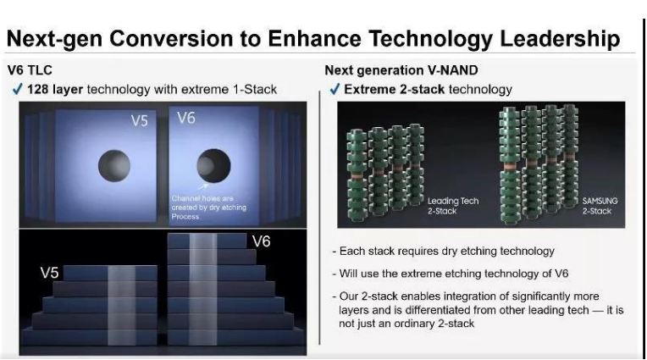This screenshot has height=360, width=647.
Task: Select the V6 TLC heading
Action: click(x=30, y=70)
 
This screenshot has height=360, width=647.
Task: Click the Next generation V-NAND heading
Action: click(x=401, y=70)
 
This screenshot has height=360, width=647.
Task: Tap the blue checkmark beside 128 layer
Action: click(x=17, y=89)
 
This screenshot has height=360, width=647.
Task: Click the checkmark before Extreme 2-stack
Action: click(x=335, y=89)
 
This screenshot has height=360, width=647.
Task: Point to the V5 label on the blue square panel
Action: click(x=139, y=120)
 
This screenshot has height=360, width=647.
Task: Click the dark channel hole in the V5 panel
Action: click(x=114, y=166)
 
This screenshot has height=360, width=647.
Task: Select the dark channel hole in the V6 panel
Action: click(x=213, y=165)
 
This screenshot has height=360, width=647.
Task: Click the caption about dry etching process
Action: click(x=209, y=208)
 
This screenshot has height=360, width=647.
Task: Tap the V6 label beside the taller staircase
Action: click(x=261, y=241)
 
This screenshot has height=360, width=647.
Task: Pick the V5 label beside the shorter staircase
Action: click(x=49, y=273)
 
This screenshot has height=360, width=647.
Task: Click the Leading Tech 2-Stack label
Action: click(x=453, y=206)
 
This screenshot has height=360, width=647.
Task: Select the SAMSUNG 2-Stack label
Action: click(x=600, y=206)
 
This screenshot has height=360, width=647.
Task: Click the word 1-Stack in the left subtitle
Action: click(x=255, y=89)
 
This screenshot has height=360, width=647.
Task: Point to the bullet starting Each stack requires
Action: click(x=443, y=251)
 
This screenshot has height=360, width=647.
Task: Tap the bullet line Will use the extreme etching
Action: click(x=451, y=274)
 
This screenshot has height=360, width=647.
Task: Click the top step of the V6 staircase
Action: click(x=207, y=241)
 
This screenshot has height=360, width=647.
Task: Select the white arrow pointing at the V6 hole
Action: click(x=203, y=186)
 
